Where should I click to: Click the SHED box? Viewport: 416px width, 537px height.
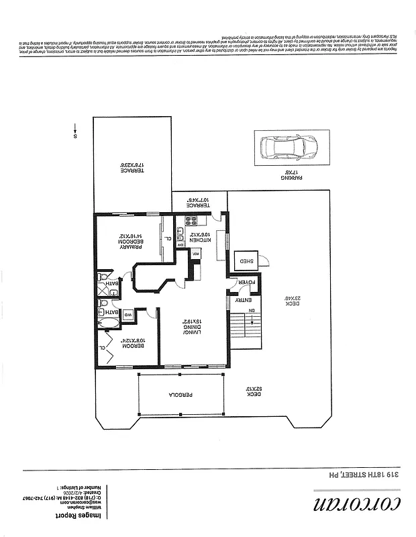tap(242, 261)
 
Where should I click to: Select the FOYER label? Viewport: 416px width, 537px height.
tap(248, 283)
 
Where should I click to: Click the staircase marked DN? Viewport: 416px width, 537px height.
tap(245, 330)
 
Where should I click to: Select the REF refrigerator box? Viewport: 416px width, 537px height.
tap(196, 253)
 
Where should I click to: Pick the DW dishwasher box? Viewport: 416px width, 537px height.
tap(180, 244)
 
